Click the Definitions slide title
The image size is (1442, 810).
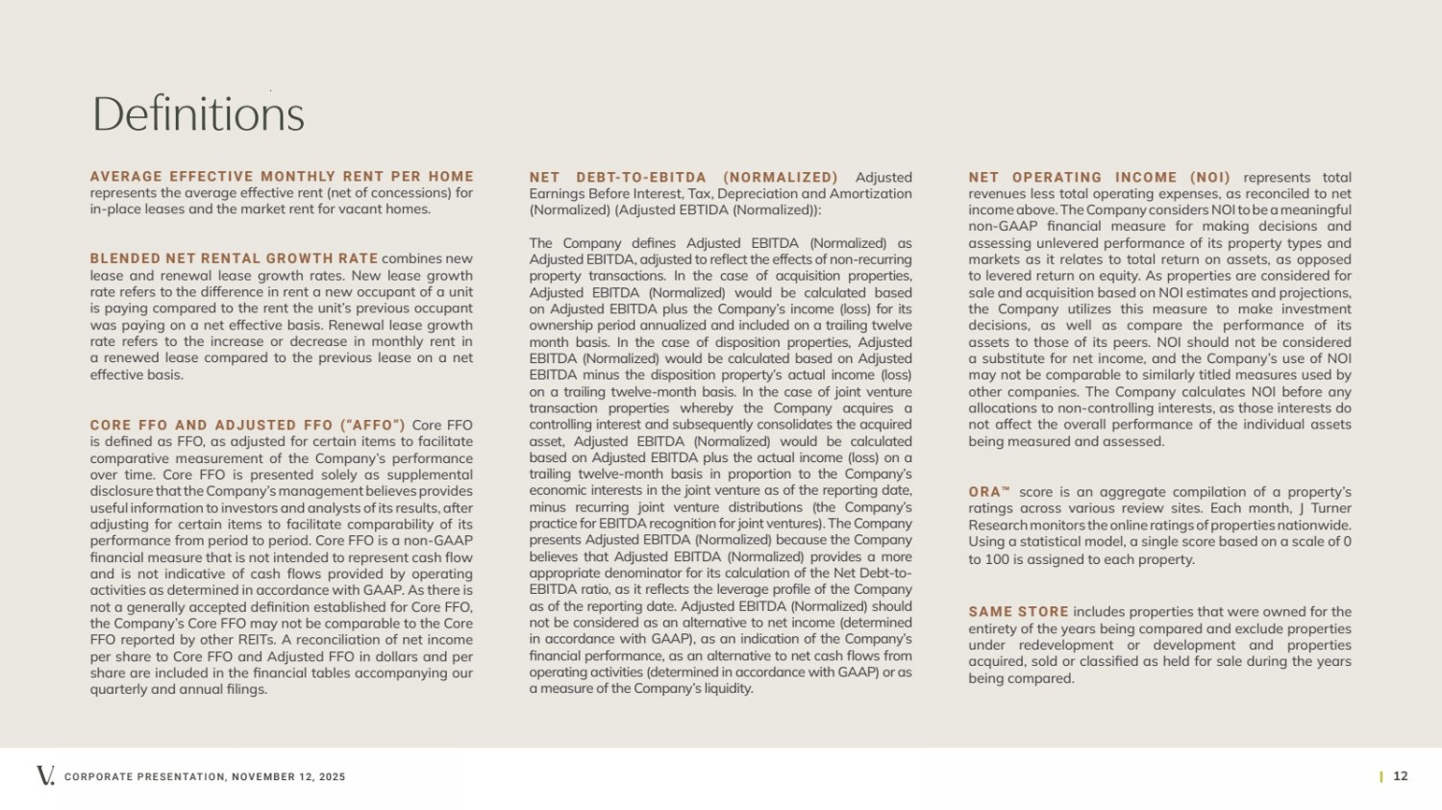[x=198, y=114]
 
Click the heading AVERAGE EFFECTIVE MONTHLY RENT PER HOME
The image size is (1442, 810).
[x=282, y=177]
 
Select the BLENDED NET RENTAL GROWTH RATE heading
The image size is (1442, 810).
[x=234, y=258]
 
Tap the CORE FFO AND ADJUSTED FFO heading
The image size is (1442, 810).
[x=247, y=425]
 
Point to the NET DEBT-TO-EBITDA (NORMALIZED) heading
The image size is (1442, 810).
[x=683, y=178]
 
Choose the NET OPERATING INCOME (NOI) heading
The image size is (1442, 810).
[x=1099, y=178]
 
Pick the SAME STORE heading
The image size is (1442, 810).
[x=1018, y=612]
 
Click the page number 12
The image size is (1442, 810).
[x=1401, y=776]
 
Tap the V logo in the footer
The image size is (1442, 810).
[x=45, y=775]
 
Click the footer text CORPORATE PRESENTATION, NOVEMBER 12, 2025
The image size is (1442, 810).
[x=205, y=776]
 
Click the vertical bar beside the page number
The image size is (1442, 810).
[x=1381, y=776]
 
